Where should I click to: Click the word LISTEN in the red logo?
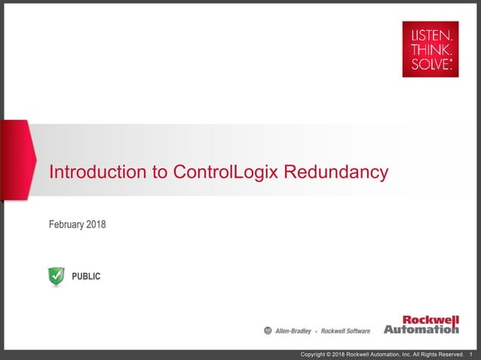coord(430,35)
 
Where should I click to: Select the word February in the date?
coord(68,224)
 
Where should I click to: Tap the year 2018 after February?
coord(97,224)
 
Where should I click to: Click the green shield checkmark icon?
coord(57,276)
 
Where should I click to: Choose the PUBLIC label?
coord(86,277)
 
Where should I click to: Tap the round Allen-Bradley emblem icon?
coord(268,331)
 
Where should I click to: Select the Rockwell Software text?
coord(345,331)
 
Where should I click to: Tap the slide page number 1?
coord(471,355)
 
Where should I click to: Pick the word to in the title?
coord(161,172)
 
